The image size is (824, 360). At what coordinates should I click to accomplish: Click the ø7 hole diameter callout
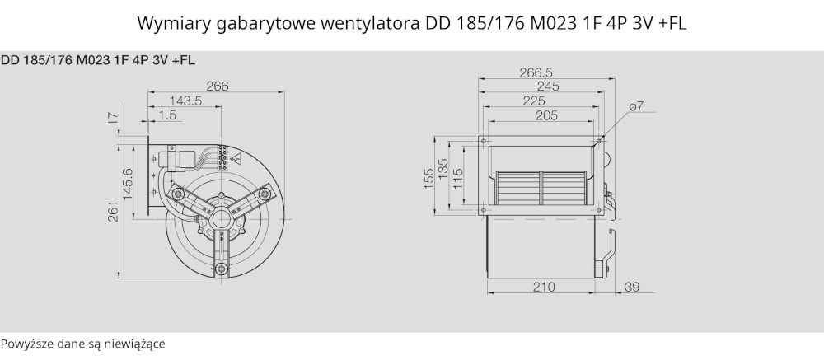tap(635, 107)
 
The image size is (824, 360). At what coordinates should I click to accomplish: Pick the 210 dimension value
tap(544, 287)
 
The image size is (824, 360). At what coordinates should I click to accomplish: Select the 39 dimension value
tap(632, 287)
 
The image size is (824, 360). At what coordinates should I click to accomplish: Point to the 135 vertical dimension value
tap(443, 169)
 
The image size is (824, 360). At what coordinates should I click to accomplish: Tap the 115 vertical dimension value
tap(458, 178)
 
